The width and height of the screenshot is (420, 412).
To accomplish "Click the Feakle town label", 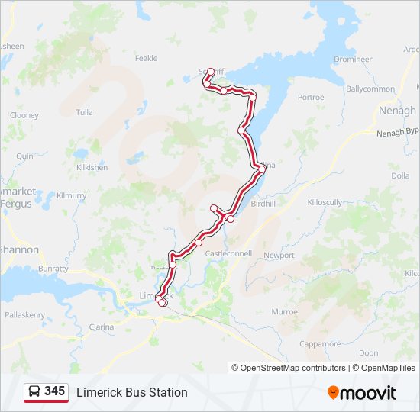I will pyautogui.click(x=146, y=58).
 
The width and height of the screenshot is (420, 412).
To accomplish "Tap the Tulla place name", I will pyautogui.click(x=84, y=112).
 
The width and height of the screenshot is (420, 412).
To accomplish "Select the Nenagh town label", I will pyautogui.click(x=397, y=111).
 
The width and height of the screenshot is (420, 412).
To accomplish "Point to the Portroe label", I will pyautogui.click(x=311, y=98).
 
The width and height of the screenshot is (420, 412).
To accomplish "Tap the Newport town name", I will pyautogui.click(x=279, y=255).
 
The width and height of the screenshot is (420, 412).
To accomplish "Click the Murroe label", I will pyautogui.click(x=284, y=311).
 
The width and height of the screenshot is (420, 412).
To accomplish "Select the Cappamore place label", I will pyautogui.click(x=320, y=343).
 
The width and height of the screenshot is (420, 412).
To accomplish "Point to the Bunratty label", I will pyautogui.click(x=53, y=269).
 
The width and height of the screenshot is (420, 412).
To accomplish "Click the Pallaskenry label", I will pyautogui.click(x=24, y=314).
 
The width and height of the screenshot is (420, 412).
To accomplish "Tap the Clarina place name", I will pyautogui.click(x=102, y=327).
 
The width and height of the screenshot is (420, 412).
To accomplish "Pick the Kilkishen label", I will pyautogui.click(x=92, y=167).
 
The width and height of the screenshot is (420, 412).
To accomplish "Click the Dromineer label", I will pyautogui.click(x=353, y=59).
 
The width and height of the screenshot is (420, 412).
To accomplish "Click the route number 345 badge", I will pyautogui.click(x=54, y=391).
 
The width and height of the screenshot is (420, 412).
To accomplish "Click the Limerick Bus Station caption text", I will pyautogui.click(x=131, y=392).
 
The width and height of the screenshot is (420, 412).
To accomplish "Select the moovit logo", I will pyautogui.click(x=361, y=393).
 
